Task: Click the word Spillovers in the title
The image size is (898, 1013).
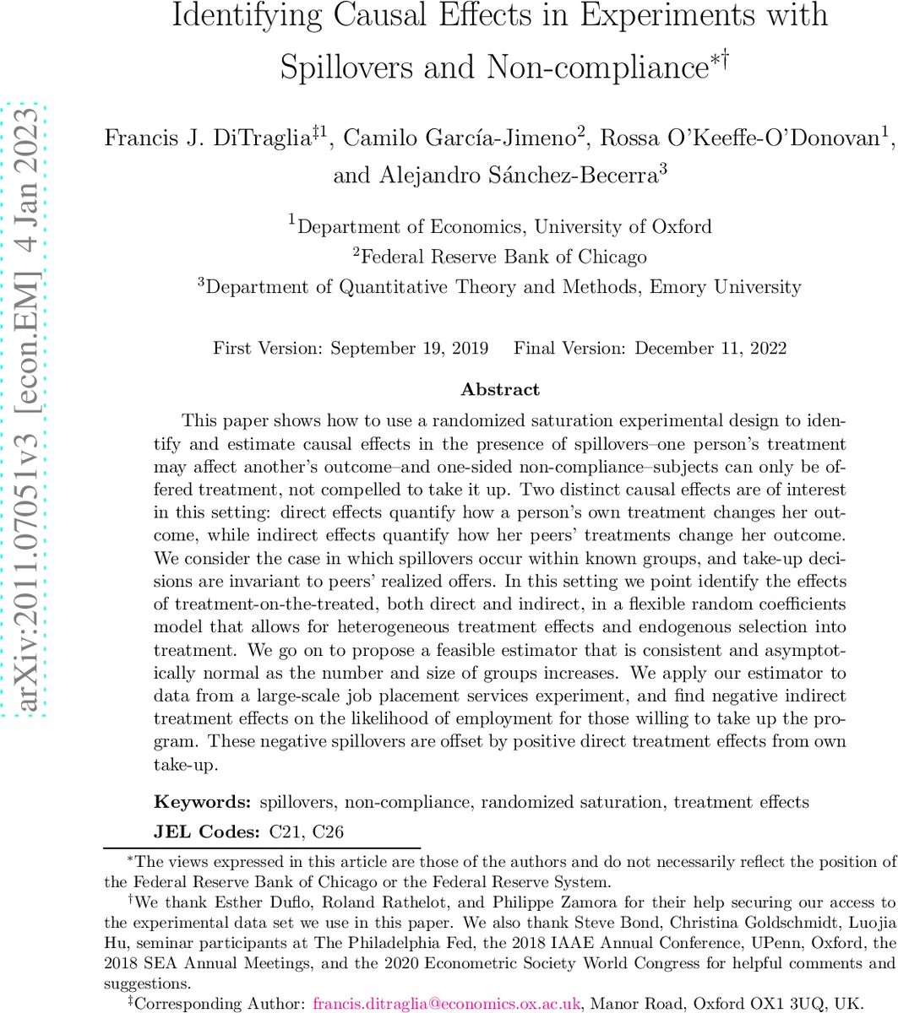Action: (x=347, y=65)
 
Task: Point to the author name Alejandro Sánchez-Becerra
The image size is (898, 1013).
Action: (x=496, y=175)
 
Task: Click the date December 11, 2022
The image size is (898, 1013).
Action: (x=710, y=348)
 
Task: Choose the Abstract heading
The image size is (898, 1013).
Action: (x=499, y=389)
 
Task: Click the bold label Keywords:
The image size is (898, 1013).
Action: (x=202, y=802)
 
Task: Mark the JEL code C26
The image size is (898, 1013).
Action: (x=328, y=832)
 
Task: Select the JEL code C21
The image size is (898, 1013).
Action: (x=288, y=832)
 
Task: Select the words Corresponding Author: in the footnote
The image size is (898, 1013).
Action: (x=220, y=1004)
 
